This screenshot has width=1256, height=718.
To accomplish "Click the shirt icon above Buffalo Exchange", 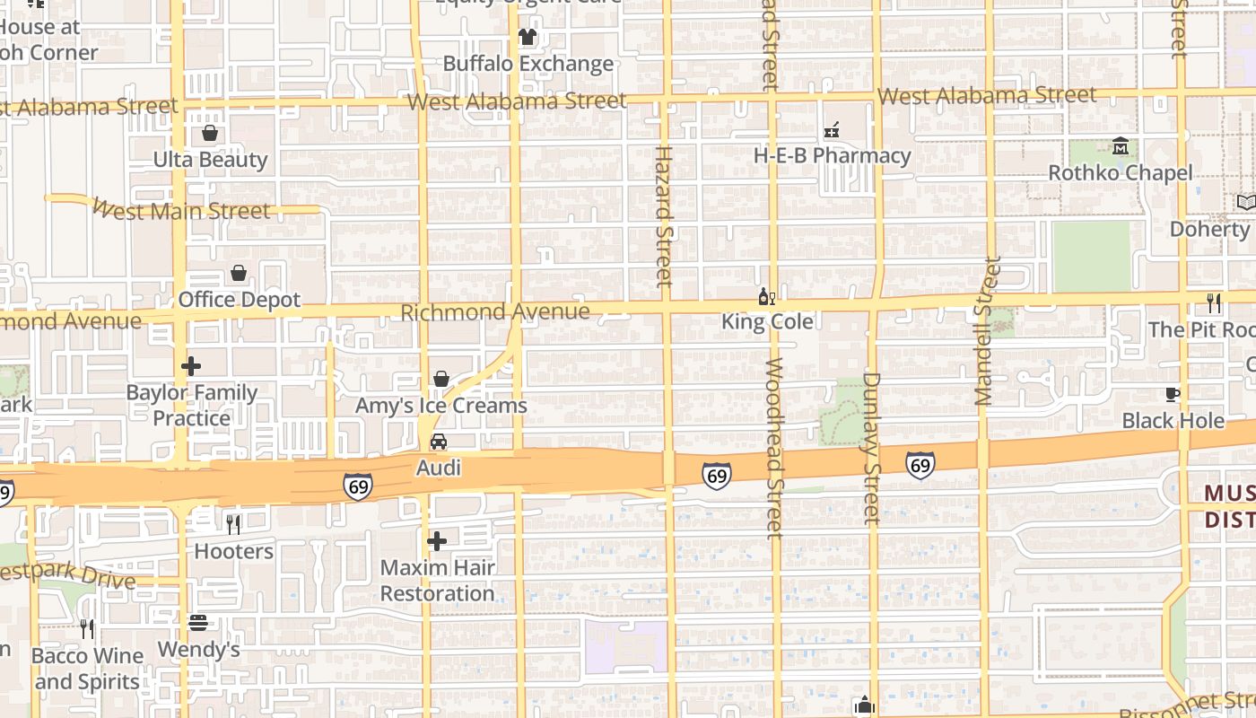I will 527,37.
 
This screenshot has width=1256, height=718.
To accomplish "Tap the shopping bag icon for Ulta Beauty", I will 210,134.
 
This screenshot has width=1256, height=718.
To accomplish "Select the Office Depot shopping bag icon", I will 239,273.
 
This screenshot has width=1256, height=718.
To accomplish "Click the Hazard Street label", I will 663,215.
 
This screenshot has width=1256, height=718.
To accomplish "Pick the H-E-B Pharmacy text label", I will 832,156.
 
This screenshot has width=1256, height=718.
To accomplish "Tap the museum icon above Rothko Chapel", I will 1121,146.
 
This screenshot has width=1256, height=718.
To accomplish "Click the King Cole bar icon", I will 766,297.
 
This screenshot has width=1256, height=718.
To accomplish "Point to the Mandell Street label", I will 986,330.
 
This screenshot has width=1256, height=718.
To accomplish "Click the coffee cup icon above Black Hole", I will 1172,394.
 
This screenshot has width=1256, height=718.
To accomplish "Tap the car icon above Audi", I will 439,442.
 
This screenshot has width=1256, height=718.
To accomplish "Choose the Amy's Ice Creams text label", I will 441,406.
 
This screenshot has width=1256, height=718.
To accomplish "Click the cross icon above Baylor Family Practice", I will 191,366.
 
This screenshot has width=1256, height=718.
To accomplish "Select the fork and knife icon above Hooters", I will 233,524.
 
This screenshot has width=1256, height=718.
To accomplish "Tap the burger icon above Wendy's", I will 198,623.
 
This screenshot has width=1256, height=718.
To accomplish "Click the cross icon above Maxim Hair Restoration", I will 437,541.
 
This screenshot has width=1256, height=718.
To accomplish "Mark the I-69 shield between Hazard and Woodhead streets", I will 716,475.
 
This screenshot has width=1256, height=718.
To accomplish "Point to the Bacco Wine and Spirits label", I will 87,669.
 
